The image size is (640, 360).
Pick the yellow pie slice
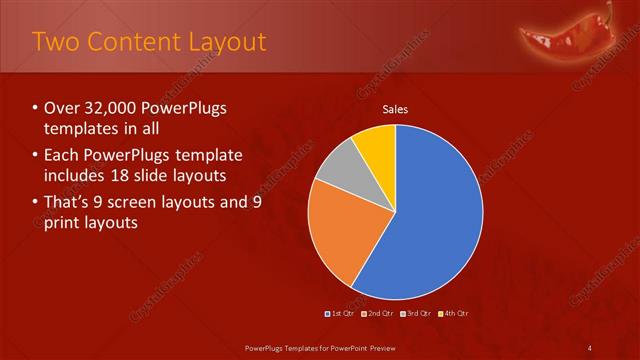tap(377, 141)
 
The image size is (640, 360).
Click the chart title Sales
tap(396, 110)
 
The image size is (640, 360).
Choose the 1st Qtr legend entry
tap(341, 314)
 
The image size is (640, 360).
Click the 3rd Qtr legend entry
tap(417, 314)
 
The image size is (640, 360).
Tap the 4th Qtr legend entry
tap(454, 314)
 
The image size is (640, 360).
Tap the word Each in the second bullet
tap(64, 155)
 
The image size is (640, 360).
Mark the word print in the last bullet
tap(65, 221)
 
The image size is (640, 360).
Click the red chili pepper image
tap(567, 35)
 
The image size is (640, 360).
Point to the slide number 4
tap(591, 347)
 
